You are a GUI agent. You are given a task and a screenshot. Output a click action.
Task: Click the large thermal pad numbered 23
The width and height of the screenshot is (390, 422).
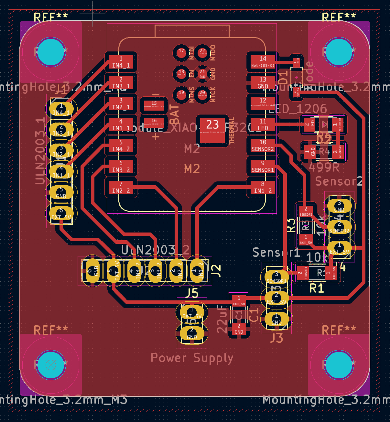212,129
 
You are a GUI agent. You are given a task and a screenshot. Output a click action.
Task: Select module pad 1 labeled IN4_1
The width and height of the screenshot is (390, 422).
121,62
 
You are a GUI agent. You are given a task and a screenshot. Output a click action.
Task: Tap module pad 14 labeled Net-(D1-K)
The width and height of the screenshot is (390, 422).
263,62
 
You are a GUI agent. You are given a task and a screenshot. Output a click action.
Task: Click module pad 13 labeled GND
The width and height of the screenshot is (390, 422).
263,83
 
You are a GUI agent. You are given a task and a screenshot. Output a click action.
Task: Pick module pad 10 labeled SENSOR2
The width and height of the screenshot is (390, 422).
263,146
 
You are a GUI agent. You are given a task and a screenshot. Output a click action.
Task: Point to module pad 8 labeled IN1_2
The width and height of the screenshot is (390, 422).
263,187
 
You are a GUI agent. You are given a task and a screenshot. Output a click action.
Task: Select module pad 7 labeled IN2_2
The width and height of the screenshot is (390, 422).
121,187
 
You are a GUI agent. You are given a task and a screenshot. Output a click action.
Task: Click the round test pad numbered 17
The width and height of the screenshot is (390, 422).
181,52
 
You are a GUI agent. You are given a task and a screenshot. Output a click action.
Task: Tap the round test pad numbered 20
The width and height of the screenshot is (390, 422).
202,94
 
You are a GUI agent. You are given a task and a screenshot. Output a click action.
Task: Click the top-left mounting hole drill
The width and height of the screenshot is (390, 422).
51,52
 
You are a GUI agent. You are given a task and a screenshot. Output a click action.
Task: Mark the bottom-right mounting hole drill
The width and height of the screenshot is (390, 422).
339,365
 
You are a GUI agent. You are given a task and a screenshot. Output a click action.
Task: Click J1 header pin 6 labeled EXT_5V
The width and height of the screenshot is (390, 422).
61,213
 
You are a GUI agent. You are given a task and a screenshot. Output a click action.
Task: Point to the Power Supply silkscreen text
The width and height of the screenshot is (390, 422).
192,358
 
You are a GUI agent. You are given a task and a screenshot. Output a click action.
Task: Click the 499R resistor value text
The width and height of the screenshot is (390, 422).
324,167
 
